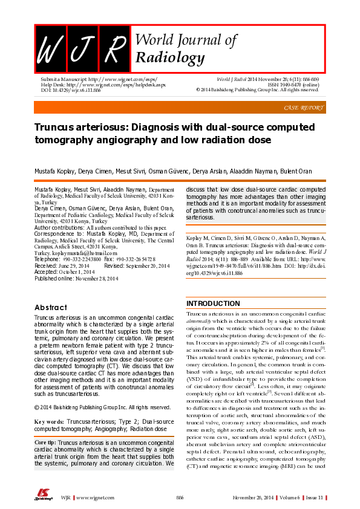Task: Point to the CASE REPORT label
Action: click(303, 108)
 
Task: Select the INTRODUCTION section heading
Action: click(213, 303)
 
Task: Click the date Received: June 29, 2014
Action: click(62, 265)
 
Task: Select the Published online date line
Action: click(76, 279)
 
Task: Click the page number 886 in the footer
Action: click(180, 496)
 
